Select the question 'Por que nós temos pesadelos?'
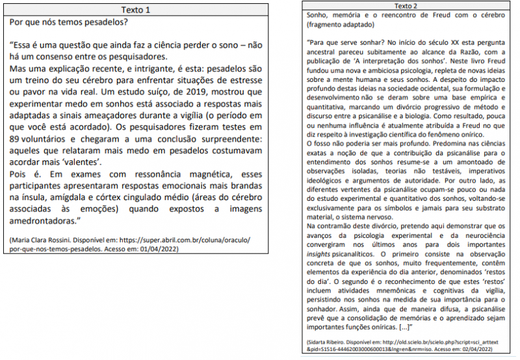point(68,23)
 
